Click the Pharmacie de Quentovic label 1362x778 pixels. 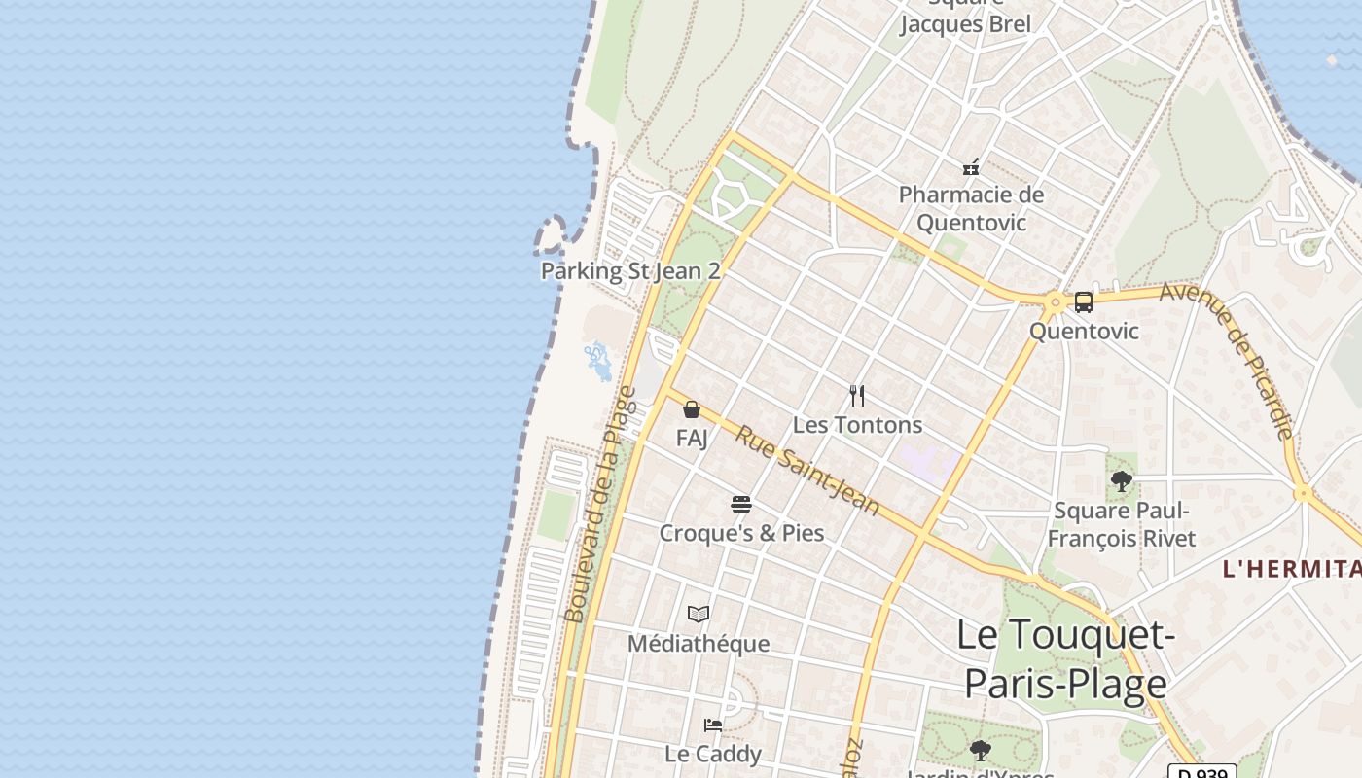(971, 208)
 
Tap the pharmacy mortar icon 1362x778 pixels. (971, 167)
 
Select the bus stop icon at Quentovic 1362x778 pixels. (1084, 301)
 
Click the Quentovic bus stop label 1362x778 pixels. (1084, 331)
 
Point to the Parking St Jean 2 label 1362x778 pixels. (630, 270)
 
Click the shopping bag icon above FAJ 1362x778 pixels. (692, 409)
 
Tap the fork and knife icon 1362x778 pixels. (857, 395)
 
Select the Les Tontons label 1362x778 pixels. (857, 425)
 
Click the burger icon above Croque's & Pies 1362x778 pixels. (741, 504)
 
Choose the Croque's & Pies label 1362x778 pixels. (741, 533)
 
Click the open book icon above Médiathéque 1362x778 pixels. (699, 614)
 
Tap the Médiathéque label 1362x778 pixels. (699, 644)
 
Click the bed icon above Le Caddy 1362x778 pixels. (713, 725)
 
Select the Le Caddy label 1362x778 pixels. (713, 754)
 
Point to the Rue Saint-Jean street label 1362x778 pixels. (806, 472)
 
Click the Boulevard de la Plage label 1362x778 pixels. (600, 505)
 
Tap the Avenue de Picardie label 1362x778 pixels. (1228, 360)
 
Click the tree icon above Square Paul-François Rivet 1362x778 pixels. (1122, 480)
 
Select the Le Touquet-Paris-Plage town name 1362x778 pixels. (1066, 658)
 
